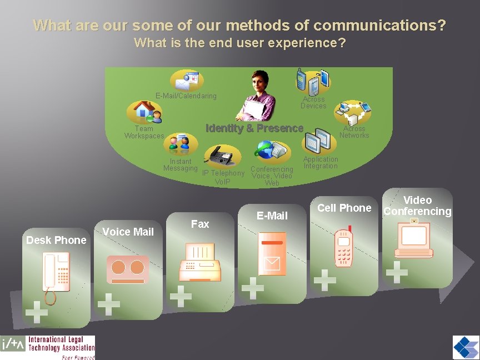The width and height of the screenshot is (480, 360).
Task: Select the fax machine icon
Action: [x=200, y=263]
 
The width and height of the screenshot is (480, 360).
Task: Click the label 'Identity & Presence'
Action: [x=254, y=128]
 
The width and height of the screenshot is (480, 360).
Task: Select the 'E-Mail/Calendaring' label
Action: [x=186, y=96]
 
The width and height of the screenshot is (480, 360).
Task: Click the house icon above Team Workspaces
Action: [x=144, y=111]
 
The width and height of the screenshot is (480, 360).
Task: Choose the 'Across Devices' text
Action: [x=313, y=103]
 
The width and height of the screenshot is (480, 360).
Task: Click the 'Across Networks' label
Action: [x=354, y=132]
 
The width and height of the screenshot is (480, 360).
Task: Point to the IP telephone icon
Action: [x=219, y=155]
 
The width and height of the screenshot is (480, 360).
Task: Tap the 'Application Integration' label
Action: [x=321, y=163]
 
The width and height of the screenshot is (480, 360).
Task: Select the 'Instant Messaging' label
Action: [x=181, y=165]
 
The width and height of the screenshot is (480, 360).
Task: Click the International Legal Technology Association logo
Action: [x=48, y=347]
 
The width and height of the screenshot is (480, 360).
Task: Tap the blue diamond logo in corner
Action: [x=465, y=348]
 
